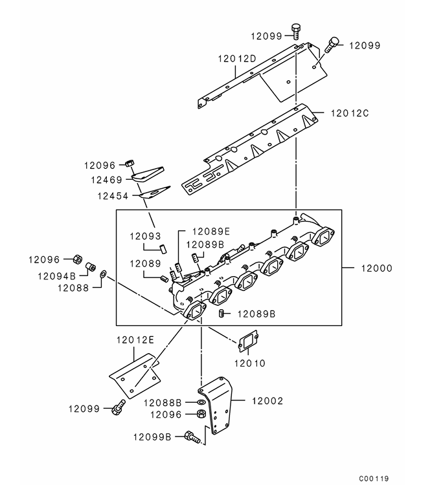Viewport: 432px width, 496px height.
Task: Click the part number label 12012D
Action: tap(237, 58)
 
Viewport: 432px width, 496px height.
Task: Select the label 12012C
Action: tap(350, 113)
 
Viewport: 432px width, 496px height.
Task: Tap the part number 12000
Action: tap(376, 268)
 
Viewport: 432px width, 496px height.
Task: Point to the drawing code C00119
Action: tap(374, 479)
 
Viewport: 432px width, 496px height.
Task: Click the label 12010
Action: tap(249, 363)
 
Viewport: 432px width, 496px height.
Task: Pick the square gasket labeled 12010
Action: tap(248, 341)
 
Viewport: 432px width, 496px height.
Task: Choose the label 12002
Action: tap(267, 401)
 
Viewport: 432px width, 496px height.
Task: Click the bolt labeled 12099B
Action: tap(192, 437)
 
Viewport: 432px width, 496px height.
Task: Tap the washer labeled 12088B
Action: tap(201, 402)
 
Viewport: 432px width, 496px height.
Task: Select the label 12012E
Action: tap(135, 340)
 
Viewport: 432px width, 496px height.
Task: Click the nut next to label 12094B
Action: tap(91, 267)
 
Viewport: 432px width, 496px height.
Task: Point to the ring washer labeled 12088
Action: tap(103, 274)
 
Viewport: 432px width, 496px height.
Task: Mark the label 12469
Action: tap(106, 180)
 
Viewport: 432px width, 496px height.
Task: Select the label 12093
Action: tap(145, 236)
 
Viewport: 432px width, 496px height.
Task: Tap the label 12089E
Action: tap(211, 232)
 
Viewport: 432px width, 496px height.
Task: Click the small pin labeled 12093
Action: tap(163, 248)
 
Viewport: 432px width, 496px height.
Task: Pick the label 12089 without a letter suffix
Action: tap(145, 263)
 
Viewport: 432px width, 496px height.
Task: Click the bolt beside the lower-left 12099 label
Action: tap(118, 407)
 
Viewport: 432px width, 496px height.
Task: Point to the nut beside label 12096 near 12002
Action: tap(201, 414)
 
